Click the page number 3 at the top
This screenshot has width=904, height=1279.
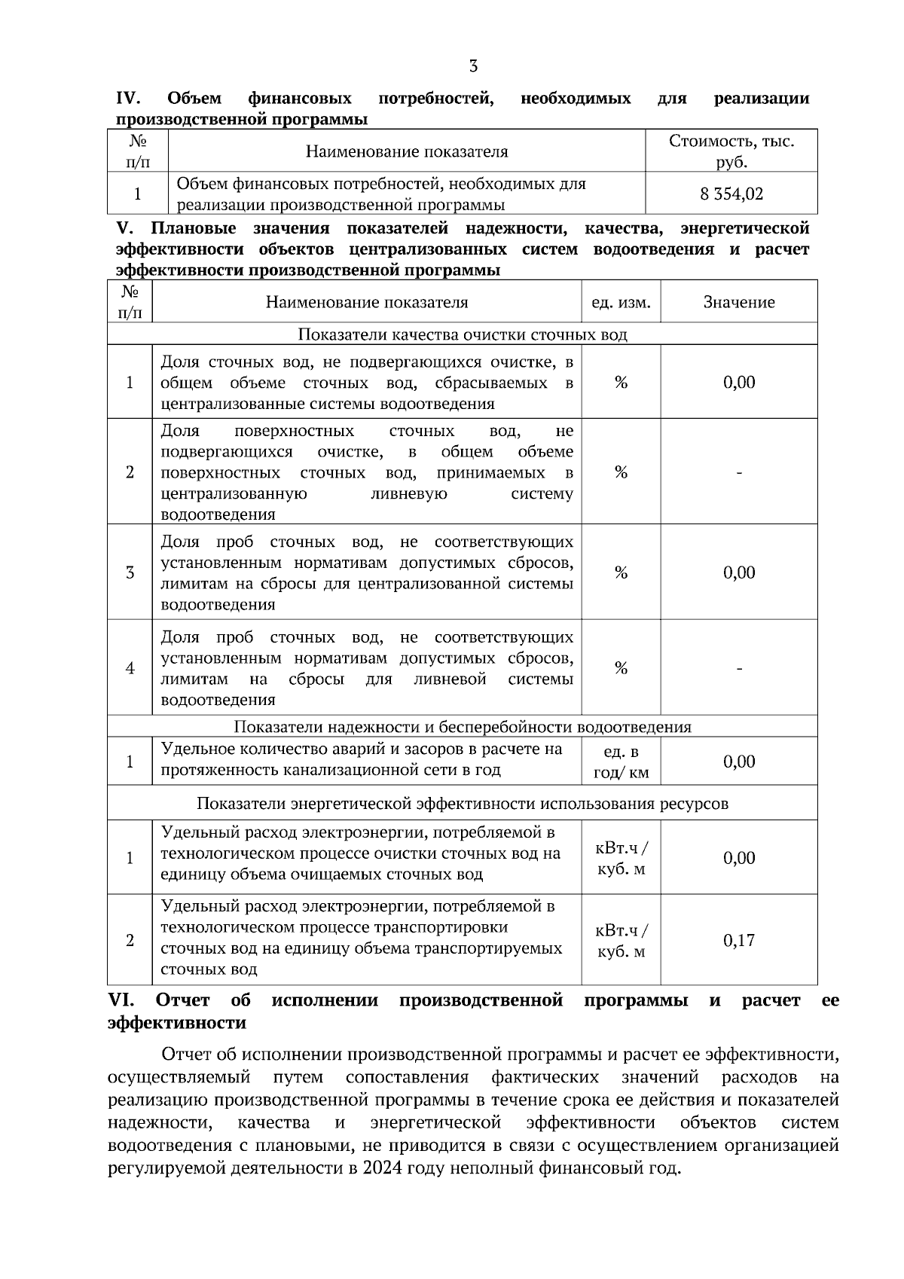tap(473, 66)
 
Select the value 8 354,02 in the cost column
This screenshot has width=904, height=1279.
tap(731, 194)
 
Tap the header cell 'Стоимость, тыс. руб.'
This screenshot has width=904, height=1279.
tap(731, 151)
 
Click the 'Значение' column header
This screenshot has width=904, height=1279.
tap(738, 303)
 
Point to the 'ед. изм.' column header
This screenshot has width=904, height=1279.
tap(621, 303)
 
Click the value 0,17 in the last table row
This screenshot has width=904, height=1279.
tap(738, 940)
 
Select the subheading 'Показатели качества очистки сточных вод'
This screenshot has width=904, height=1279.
tap(463, 334)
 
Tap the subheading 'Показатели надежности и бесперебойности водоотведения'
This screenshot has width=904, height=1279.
tap(463, 727)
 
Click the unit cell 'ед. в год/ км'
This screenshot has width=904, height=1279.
tap(621, 762)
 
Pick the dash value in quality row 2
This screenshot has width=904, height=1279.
tap(738, 473)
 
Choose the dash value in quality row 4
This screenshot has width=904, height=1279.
tap(738, 668)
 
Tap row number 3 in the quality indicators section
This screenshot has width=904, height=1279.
tap(130, 572)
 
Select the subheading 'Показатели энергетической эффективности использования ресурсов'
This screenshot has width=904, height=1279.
tap(463, 804)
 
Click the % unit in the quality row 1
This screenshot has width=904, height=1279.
tap(621, 383)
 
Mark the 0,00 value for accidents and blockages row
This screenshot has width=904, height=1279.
tap(738, 762)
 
